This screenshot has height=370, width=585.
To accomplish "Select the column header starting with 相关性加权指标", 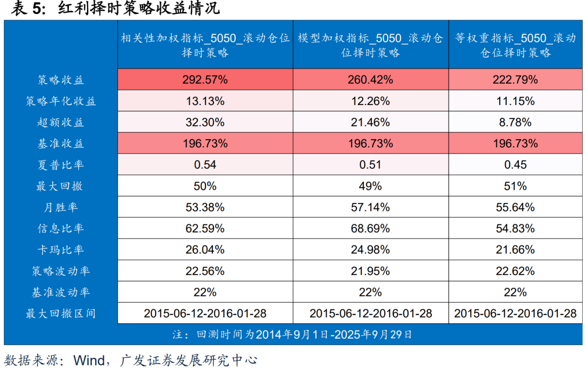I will [x=205, y=45].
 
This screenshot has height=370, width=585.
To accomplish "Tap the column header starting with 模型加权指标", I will [x=370, y=45].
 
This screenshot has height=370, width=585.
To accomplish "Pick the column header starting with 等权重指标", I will [x=515, y=45].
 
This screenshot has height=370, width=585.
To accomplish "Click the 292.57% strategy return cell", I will [x=205, y=79].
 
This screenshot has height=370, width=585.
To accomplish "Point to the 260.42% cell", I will [x=370, y=79].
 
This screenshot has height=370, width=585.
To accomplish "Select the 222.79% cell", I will [x=515, y=79].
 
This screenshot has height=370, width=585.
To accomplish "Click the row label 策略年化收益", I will [x=61, y=101].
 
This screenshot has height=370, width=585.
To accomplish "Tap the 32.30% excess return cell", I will [x=205, y=122].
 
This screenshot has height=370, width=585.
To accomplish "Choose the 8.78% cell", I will [x=515, y=122].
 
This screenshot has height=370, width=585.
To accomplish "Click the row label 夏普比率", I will [x=61, y=165].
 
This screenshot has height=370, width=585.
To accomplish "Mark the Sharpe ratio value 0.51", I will [x=370, y=165].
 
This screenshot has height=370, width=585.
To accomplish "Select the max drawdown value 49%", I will [x=370, y=186].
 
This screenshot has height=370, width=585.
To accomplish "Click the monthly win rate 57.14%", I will [x=370, y=207].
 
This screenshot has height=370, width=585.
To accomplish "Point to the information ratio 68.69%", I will [x=370, y=228].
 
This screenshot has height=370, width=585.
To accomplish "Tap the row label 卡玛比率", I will [x=61, y=250].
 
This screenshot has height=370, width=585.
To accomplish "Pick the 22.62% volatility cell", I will [x=515, y=271].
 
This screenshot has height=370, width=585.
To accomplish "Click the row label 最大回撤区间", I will [x=61, y=314].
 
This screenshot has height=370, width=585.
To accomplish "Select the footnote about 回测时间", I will [x=292, y=335].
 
